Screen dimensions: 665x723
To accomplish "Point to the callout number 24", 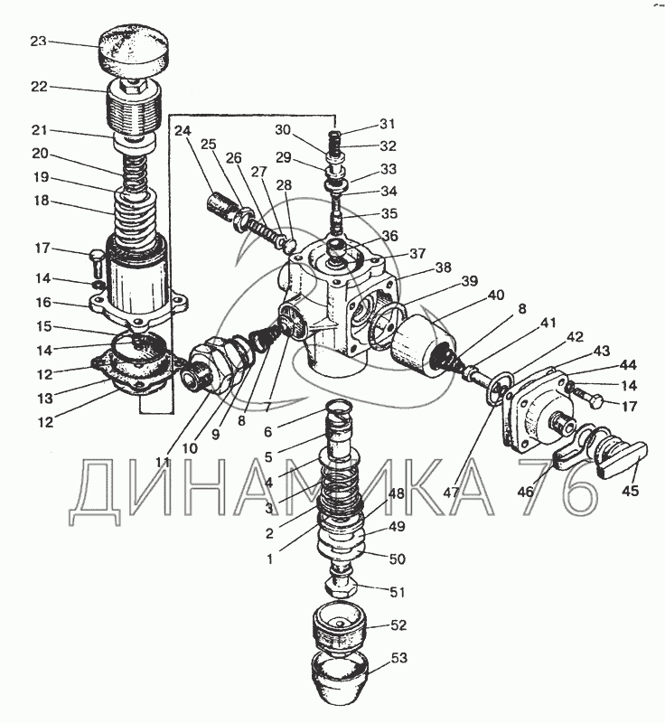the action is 183,131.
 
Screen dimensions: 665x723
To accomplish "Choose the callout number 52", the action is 398,624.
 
